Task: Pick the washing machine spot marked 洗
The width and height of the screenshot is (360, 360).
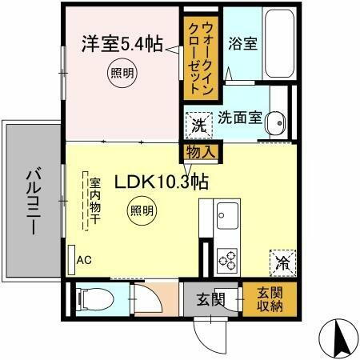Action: (198, 124)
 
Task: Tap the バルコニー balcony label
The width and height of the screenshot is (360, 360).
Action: (32, 200)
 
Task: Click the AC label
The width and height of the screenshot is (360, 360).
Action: (83, 260)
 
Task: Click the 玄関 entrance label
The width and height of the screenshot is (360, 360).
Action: (210, 301)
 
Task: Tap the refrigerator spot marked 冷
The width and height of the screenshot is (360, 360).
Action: (282, 261)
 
